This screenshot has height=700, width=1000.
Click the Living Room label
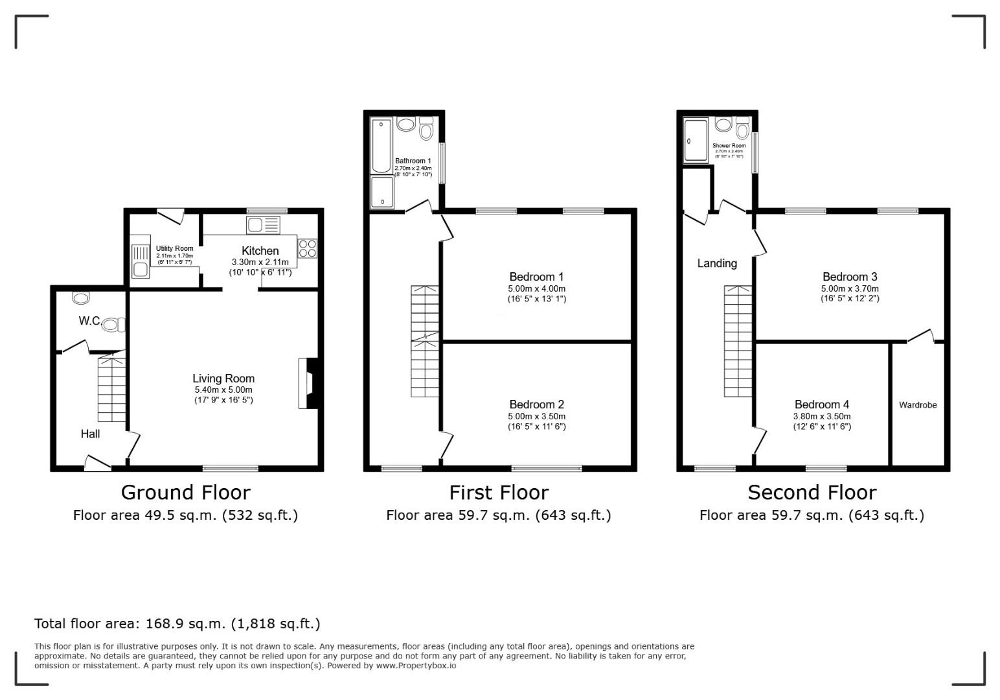click(223, 379)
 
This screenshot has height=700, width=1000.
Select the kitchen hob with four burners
click(307, 249)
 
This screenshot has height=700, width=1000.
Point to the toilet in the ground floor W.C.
click(113, 325)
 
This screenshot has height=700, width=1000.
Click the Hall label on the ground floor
click(90, 434)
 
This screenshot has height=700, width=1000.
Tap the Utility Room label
click(174, 248)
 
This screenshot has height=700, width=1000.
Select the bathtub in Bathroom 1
click(382, 146)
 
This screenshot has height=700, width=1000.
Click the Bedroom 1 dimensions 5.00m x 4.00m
click(536, 288)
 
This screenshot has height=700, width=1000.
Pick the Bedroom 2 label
click(536, 404)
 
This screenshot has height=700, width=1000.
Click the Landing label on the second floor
click(717, 263)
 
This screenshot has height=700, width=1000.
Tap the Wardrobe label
click(918, 405)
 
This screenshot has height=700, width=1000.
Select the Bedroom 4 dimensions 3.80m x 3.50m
click(822, 417)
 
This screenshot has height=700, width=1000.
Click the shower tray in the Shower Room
click(696, 139)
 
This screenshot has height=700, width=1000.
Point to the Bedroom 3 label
click(850, 277)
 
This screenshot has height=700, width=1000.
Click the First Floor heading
click(499, 493)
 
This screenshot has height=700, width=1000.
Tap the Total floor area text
click(177, 624)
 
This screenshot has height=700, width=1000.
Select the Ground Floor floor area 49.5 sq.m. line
click(185, 515)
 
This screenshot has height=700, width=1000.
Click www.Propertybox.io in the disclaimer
click(416, 666)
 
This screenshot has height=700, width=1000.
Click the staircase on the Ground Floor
click(111, 389)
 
